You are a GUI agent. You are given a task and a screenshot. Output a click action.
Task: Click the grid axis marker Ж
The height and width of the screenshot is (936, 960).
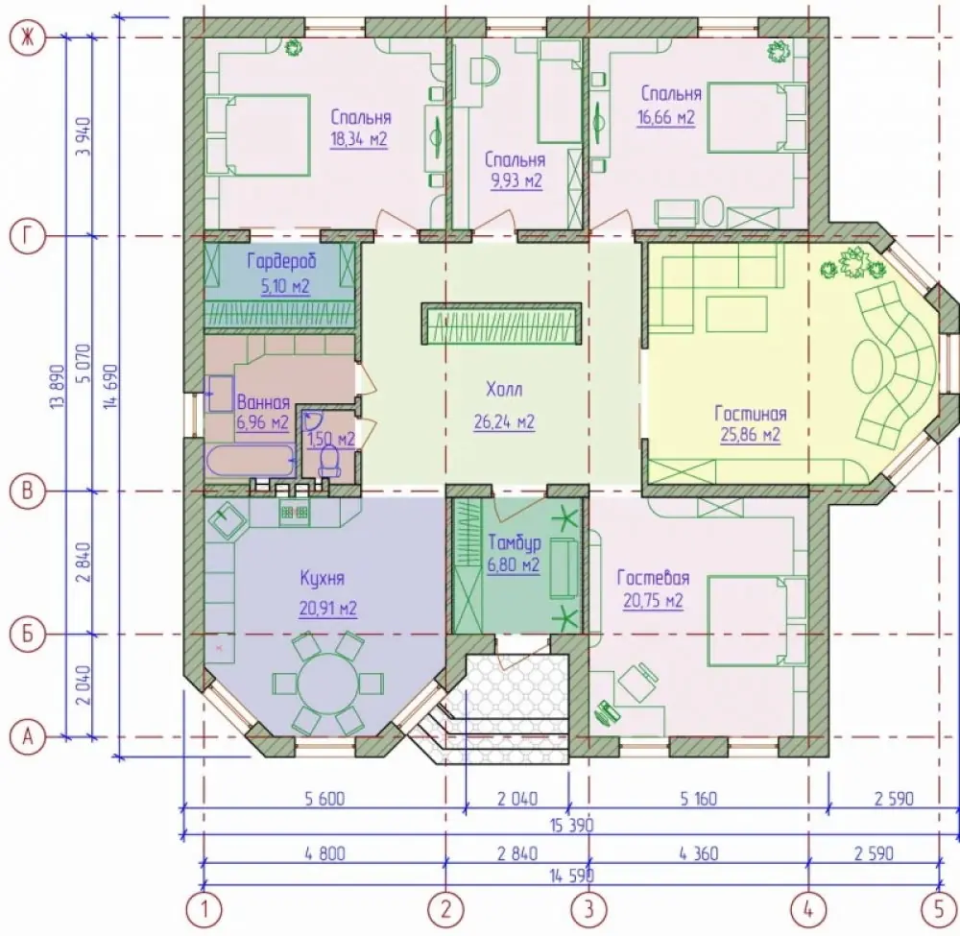tap(28, 38)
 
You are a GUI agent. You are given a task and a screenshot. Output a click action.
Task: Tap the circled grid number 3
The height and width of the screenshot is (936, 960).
tap(588, 909)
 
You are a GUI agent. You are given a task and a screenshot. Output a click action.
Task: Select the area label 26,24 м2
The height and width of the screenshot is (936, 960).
tap(504, 422)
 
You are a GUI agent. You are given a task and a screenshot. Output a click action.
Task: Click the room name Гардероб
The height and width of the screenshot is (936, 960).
tap(282, 262)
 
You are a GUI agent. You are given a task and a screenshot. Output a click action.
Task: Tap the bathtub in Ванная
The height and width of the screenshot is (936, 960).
tap(251, 460)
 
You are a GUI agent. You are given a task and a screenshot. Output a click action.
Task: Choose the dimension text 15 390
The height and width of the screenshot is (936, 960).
tap(572, 825)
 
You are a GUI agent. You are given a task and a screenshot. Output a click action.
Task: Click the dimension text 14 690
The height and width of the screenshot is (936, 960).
tap(109, 387)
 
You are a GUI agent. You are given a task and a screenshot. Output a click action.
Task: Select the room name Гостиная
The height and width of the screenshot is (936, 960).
tap(750, 414)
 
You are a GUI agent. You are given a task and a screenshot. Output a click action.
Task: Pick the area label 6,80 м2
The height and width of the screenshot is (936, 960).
tap(513, 565)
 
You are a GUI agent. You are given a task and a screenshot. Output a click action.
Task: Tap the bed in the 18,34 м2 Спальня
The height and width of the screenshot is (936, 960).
tap(257, 135)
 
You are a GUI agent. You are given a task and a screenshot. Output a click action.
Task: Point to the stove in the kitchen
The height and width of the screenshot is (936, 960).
tap(294, 511)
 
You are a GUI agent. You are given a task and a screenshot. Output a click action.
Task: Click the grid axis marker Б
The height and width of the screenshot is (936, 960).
tap(28, 635)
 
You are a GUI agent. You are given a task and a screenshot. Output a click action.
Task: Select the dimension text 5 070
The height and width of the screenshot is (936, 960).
tap(84, 364)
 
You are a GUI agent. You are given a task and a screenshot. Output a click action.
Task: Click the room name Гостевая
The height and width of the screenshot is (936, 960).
tap(653, 578)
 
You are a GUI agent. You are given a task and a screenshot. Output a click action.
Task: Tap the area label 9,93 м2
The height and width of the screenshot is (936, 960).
tap(516, 181)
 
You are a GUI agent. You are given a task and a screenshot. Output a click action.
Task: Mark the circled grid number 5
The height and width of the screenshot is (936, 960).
tap(939, 909)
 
